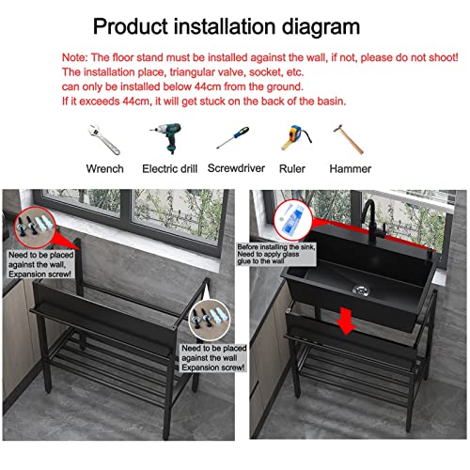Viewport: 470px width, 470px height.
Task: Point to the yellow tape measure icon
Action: tap(291, 139)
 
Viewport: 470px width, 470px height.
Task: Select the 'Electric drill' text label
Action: tap(166, 169)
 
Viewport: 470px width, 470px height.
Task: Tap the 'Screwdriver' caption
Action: tap(231, 169)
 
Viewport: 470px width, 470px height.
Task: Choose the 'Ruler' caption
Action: tap(292, 169)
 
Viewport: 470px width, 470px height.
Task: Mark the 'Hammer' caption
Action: tap(350, 169)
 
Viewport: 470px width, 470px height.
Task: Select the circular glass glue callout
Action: tap(293, 220)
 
